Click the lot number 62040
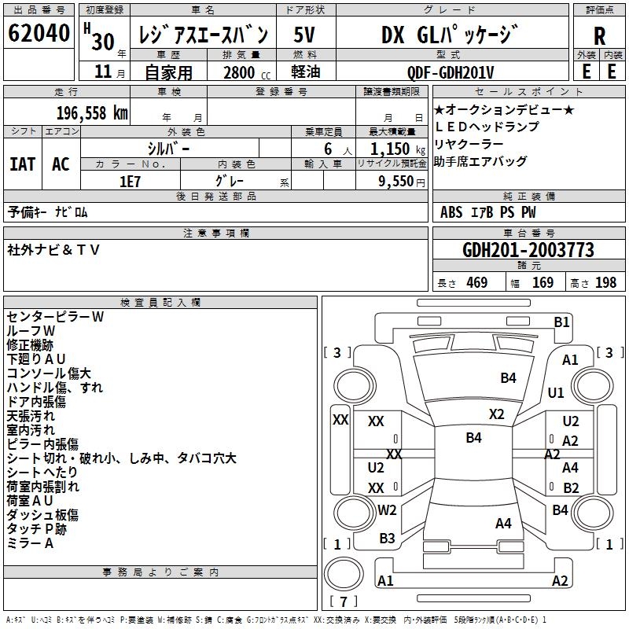tap(39, 32)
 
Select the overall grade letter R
tap(599, 36)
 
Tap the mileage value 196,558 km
tap(92, 113)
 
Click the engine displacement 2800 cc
tap(247, 72)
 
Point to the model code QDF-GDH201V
tap(450, 72)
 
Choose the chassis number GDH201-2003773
tap(528, 250)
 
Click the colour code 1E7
tap(130, 182)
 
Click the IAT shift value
tap(23, 164)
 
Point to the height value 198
tap(605, 282)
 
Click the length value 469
tap(477, 282)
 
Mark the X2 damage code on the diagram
tap(496, 414)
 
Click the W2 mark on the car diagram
tap(387, 509)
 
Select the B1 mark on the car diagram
tap(561, 322)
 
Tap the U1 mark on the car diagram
tap(556, 392)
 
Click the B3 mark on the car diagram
tap(387, 538)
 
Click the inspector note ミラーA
tap(30, 543)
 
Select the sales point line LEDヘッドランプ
tap(487, 127)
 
